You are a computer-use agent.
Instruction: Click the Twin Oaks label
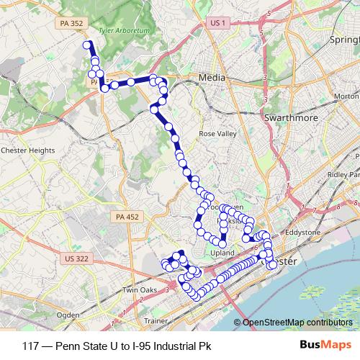139,289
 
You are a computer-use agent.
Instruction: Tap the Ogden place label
68,315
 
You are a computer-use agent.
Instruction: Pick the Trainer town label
156,320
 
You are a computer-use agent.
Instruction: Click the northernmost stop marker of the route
88,45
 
